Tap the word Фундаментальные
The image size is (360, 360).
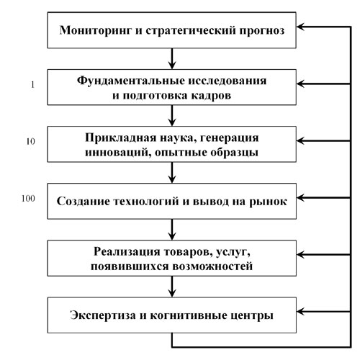[x=131, y=81]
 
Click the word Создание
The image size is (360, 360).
[x=83, y=201]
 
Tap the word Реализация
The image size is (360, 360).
[x=127, y=251]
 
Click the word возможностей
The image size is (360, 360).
[x=212, y=266]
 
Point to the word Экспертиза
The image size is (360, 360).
[x=103, y=315]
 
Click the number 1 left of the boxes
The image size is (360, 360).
[x=32, y=85]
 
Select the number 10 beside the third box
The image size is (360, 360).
[x=31, y=142]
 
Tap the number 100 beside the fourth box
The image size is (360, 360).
[x=28, y=199]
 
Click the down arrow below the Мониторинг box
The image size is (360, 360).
[x=172, y=59]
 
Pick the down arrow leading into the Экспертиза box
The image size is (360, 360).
[x=172, y=287]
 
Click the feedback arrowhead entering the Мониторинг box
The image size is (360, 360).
[x=300, y=27]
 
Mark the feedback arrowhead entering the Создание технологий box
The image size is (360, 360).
[x=300, y=198]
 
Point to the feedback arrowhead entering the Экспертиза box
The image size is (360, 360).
[x=300, y=312]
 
